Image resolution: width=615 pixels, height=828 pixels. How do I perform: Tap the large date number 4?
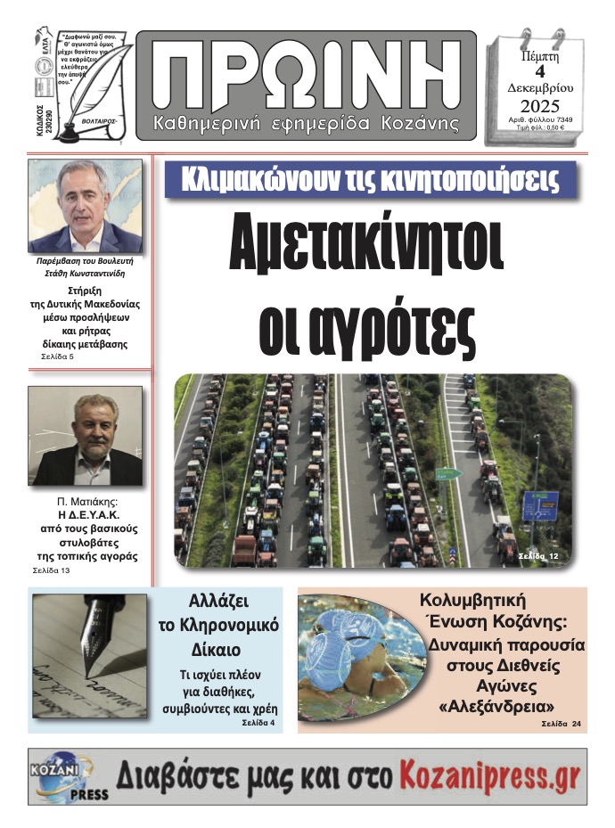(539, 74)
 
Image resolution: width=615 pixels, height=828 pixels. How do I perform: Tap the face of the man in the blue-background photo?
(86, 195)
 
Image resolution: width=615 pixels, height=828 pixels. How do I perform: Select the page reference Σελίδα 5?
(60, 357)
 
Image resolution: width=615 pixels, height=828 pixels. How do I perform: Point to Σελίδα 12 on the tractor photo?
(540, 556)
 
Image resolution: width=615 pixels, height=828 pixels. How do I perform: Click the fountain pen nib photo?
(98, 638)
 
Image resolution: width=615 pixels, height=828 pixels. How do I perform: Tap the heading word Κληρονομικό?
(217, 625)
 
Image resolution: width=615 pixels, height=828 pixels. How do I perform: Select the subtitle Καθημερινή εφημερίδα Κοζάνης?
(307, 121)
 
